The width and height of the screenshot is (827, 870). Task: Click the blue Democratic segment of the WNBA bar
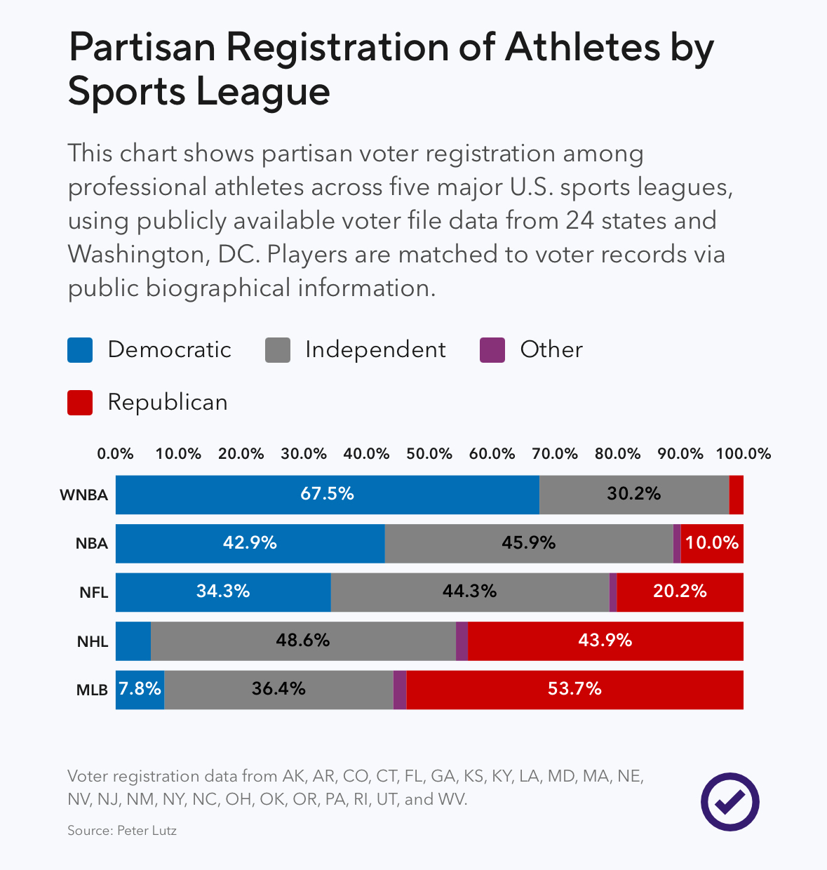(x=328, y=495)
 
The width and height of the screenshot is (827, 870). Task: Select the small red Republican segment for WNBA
(x=736, y=495)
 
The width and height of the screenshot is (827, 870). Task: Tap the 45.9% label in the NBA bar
(x=528, y=543)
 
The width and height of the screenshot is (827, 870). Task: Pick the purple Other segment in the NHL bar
(x=462, y=641)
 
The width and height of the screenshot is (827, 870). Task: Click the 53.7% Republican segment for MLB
(x=574, y=689)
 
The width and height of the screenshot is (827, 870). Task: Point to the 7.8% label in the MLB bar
(x=140, y=689)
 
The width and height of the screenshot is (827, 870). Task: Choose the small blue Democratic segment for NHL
(x=133, y=641)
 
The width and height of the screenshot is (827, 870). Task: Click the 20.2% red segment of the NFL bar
(x=680, y=591)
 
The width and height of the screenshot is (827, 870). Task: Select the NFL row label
(x=93, y=592)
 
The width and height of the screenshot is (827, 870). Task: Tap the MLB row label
(x=92, y=690)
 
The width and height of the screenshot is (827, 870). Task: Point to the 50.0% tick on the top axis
(x=429, y=454)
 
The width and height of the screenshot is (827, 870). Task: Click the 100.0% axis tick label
(x=743, y=454)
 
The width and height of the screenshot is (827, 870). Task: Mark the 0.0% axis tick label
(x=116, y=454)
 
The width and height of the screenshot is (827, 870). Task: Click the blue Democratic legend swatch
(x=80, y=350)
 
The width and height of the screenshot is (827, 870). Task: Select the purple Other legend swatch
(x=492, y=350)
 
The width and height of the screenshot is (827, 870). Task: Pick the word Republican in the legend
(x=168, y=403)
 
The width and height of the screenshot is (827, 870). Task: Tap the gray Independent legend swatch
(x=278, y=350)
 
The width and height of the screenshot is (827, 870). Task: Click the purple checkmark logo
(x=729, y=802)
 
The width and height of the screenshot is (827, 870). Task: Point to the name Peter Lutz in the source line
(x=147, y=831)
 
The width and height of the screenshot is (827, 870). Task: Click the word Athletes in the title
(x=582, y=47)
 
